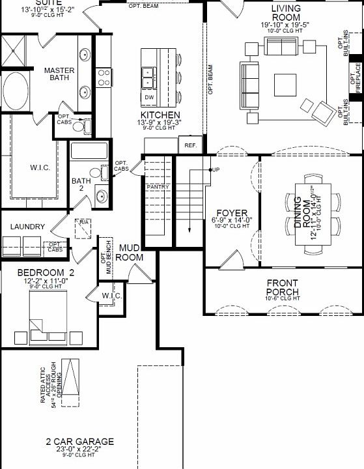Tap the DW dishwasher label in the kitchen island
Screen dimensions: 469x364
[x=150, y=98]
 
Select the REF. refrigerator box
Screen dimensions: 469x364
[x=191, y=145]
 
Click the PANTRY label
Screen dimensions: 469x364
[x=158, y=187]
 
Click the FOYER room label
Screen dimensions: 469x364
[x=232, y=212]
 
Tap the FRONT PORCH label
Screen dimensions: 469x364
[x=283, y=287]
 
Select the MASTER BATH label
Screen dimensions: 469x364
[x=59, y=75]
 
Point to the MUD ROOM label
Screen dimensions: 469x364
[x=129, y=253]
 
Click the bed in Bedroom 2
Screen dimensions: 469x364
[x=48, y=311]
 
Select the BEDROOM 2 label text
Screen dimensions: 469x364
[x=46, y=272]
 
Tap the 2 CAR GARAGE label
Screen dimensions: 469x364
[x=79, y=442]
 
